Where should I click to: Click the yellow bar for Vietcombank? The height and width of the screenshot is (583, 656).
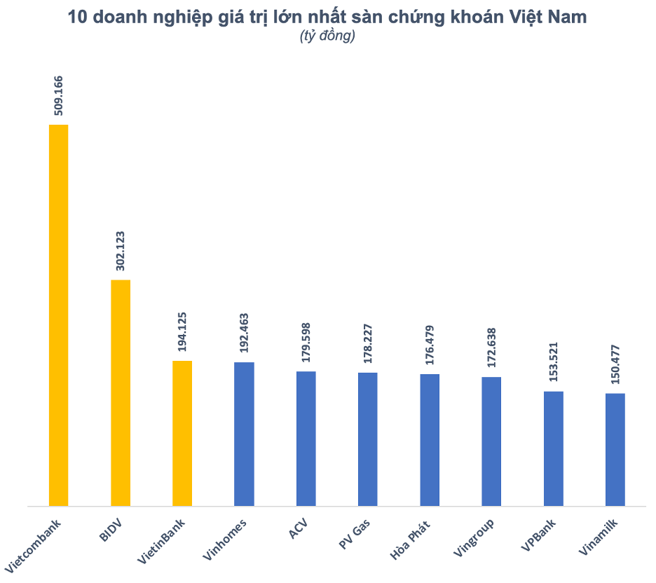tap(58, 315)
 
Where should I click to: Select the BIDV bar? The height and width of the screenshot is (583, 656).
tap(121, 392)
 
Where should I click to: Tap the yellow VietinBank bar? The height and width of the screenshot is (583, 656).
tap(182, 433)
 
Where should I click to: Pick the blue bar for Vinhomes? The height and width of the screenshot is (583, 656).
tap(244, 434)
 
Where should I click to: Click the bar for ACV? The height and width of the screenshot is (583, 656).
tap(306, 438)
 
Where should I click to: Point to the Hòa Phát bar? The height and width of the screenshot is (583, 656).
tap(430, 439)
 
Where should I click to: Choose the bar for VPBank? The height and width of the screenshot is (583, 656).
tap(554, 448)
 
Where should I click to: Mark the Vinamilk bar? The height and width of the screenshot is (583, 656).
tap(615, 449)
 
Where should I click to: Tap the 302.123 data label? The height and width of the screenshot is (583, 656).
tap(121, 250)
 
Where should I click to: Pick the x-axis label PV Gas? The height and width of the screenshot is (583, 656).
tap(359, 535)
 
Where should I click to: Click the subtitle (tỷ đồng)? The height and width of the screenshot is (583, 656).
tap(327, 36)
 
